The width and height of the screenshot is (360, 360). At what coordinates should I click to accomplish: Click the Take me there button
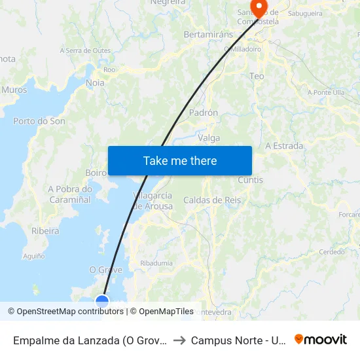coord(180,160)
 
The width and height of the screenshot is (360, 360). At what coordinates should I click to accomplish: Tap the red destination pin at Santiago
coord(259,9)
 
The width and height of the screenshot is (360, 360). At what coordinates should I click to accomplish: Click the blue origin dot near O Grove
coord(102,301)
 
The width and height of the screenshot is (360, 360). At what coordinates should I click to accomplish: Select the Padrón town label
coord(203,113)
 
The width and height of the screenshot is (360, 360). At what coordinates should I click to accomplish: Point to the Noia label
coord(95,83)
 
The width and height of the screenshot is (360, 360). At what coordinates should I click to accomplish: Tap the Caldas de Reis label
coord(212,200)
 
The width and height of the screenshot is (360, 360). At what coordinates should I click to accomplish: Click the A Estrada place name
coord(284,146)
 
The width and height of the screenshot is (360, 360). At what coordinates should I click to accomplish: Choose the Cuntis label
coord(251,180)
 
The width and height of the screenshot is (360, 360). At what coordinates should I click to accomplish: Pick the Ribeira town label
coord(45,231)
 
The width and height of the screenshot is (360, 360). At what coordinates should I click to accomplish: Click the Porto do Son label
coord(39,121)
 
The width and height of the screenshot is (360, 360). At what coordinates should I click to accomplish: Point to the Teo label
coord(257,77)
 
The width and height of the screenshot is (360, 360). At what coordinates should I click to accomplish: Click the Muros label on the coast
coord(14,90)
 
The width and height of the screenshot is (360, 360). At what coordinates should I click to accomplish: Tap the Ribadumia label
coord(156,263)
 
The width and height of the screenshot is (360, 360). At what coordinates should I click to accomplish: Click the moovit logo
coord(320,340)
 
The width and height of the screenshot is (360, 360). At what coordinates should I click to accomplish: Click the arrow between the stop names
coord(179,340)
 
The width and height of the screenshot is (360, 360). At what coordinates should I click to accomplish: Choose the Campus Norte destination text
coord(238,340)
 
